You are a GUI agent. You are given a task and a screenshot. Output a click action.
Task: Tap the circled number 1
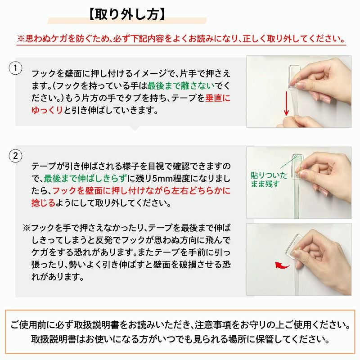(x=16, y=68)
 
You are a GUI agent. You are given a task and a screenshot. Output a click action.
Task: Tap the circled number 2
(x=16, y=157)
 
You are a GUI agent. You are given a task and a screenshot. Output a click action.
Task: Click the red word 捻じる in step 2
(x=43, y=203)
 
